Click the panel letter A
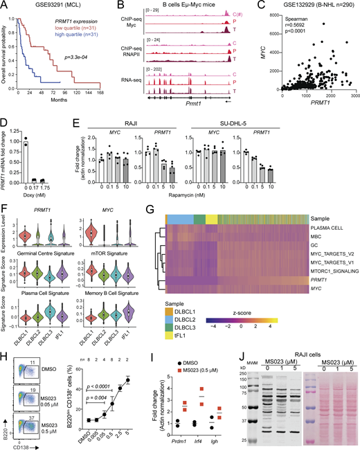pyautogui.click(x=5, y=5)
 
